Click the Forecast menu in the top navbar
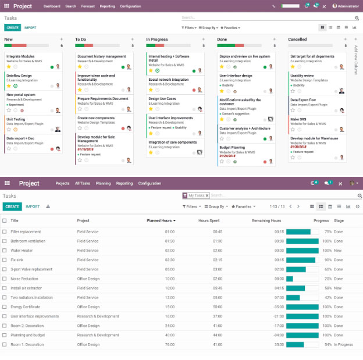(x=88, y=6)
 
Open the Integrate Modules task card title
(x=20, y=56)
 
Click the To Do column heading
(x=81, y=40)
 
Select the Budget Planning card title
(x=232, y=147)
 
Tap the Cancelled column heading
(x=297, y=40)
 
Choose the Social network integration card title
(x=169, y=80)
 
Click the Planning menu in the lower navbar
(x=103, y=183)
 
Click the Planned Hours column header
(x=159, y=220)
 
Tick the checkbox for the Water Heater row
(x=5, y=251)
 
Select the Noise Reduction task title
(x=24, y=279)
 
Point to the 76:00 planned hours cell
(x=169, y=344)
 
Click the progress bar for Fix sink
(x=302, y=260)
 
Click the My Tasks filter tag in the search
(x=196, y=195)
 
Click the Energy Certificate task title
(x=25, y=306)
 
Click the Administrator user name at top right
(x=346, y=6)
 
